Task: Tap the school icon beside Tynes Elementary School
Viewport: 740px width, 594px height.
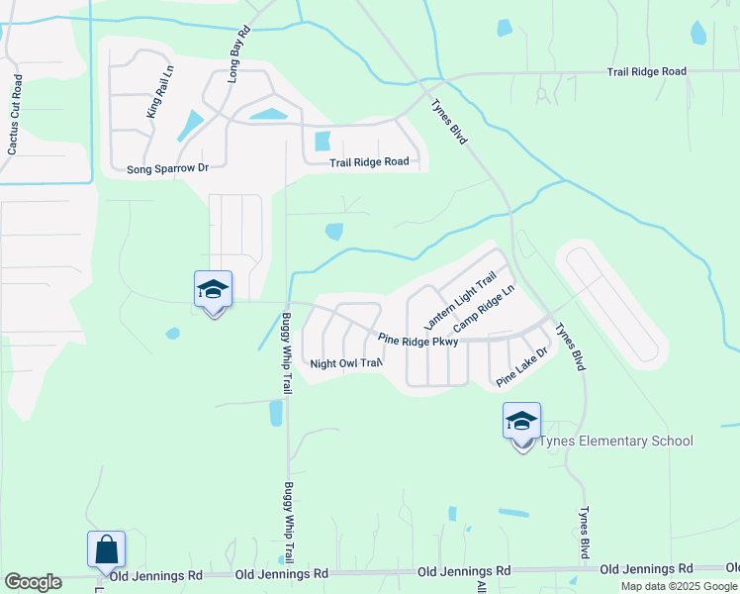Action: [521, 422]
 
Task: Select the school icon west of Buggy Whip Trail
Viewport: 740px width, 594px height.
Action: [213, 290]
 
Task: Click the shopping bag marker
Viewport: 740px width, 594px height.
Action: [106, 550]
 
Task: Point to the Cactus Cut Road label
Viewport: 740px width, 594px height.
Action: [15, 114]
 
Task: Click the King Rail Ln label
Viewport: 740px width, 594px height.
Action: [160, 92]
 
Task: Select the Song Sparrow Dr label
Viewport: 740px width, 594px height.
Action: [167, 168]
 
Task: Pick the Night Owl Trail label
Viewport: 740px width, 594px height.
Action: [345, 363]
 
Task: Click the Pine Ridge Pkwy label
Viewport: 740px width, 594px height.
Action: [418, 341]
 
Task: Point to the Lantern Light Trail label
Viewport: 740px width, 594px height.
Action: [459, 303]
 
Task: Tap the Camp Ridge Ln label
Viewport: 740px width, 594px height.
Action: [485, 310]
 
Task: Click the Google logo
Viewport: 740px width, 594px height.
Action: [33, 582]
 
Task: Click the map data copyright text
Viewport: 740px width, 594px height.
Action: [679, 586]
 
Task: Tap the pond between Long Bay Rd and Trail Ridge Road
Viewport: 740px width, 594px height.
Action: [268, 114]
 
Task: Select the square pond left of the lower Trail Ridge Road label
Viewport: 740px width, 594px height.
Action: [322, 141]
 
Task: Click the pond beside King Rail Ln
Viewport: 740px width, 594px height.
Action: [189, 126]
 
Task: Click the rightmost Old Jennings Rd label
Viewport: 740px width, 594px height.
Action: [646, 569]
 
